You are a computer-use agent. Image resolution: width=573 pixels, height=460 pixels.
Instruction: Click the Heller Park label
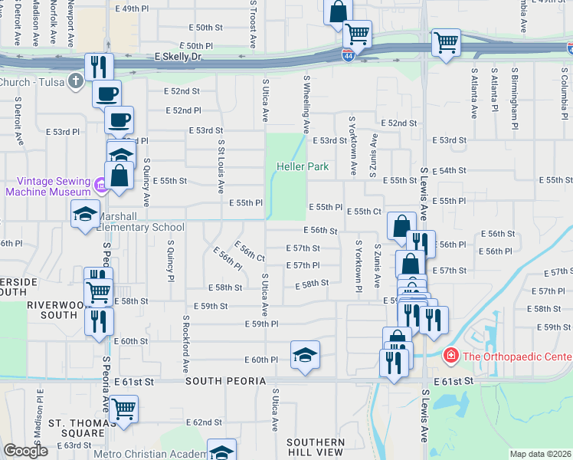click(x=303, y=166)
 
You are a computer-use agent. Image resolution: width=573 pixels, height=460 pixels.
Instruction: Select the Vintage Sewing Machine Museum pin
click(x=100, y=186)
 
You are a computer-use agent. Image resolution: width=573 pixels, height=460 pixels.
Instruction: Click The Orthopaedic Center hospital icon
click(x=452, y=356)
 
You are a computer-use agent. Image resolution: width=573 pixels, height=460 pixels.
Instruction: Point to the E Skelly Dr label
click(x=177, y=57)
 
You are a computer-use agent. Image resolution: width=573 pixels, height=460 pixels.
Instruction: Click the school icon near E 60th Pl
click(x=305, y=354)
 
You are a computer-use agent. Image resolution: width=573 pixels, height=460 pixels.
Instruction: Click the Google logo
click(x=25, y=451)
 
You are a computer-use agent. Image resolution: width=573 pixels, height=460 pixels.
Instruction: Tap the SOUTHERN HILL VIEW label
click(x=316, y=448)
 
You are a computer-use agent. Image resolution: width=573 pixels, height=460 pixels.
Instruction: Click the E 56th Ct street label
click(x=250, y=252)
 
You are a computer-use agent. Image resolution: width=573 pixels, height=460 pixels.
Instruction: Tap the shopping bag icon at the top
click(x=337, y=11)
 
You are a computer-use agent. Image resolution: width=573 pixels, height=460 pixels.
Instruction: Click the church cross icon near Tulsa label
click(x=75, y=80)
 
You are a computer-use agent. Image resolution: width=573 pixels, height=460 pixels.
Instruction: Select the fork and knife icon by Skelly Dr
click(x=99, y=66)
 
